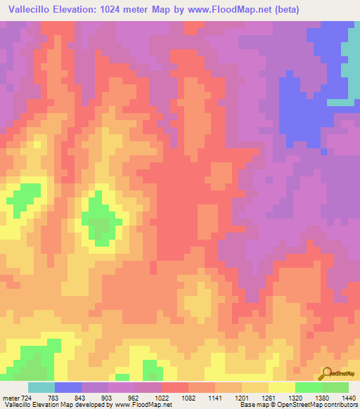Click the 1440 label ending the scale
pyautogui.click(x=347, y=398)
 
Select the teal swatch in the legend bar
pyautogui.click(x=41, y=387)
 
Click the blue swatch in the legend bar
pyautogui.click(x=67, y=387)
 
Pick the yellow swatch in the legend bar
pyautogui.click(x=281, y=387)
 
